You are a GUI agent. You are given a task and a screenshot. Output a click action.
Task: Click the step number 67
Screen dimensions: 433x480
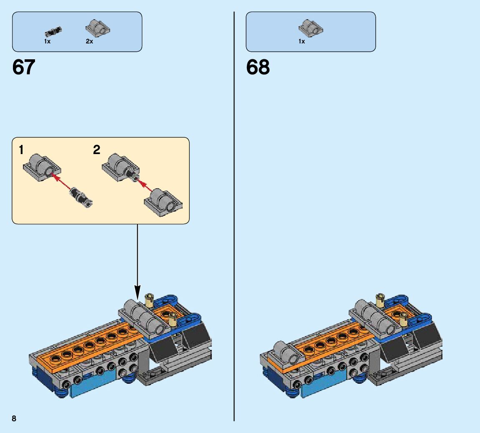(x=24, y=67)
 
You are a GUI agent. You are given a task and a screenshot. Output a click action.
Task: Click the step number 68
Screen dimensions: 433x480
(x=258, y=67)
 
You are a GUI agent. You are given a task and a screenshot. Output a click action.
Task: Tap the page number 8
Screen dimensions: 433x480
(x=14, y=418)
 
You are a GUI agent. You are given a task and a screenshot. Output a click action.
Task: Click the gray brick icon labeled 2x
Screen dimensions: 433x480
(x=98, y=28)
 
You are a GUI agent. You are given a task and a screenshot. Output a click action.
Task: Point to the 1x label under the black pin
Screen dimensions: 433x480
(x=48, y=42)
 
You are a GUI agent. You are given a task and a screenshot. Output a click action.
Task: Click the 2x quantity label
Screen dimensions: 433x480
(x=89, y=42)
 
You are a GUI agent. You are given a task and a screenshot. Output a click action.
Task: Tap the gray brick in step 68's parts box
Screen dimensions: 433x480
(x=311, y=28)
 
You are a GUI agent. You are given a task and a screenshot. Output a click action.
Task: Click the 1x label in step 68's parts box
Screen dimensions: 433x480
(x=302, y=42)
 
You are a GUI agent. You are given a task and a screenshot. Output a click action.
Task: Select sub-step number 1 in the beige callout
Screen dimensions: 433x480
(x=21, y=150)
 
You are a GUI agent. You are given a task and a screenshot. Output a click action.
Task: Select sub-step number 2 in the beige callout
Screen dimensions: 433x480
(x=97, y=150)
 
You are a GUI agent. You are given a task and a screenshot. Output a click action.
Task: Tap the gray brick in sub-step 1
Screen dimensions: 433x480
(x=41, y=167)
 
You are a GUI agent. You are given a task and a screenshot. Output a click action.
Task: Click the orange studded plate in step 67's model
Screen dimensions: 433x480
(x=88, y=347)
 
